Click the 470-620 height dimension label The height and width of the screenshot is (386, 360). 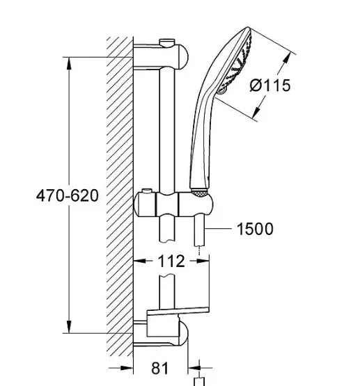pyautogui.click(x=68, y=196)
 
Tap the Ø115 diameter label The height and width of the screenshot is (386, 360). pyautogui.click(x=270, y=86)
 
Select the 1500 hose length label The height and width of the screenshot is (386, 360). pyautogui.click(x=255, y=229)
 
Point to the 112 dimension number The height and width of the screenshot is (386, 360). pyautogui.click(x=171, y=262)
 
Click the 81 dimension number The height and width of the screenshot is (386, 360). pyautogui.click(x=160, y=369)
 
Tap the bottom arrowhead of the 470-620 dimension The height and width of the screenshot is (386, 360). pyautogui.click(x=69, y=327)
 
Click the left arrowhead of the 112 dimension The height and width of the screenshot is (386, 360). pyautogui.click(x=140, y=261)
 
